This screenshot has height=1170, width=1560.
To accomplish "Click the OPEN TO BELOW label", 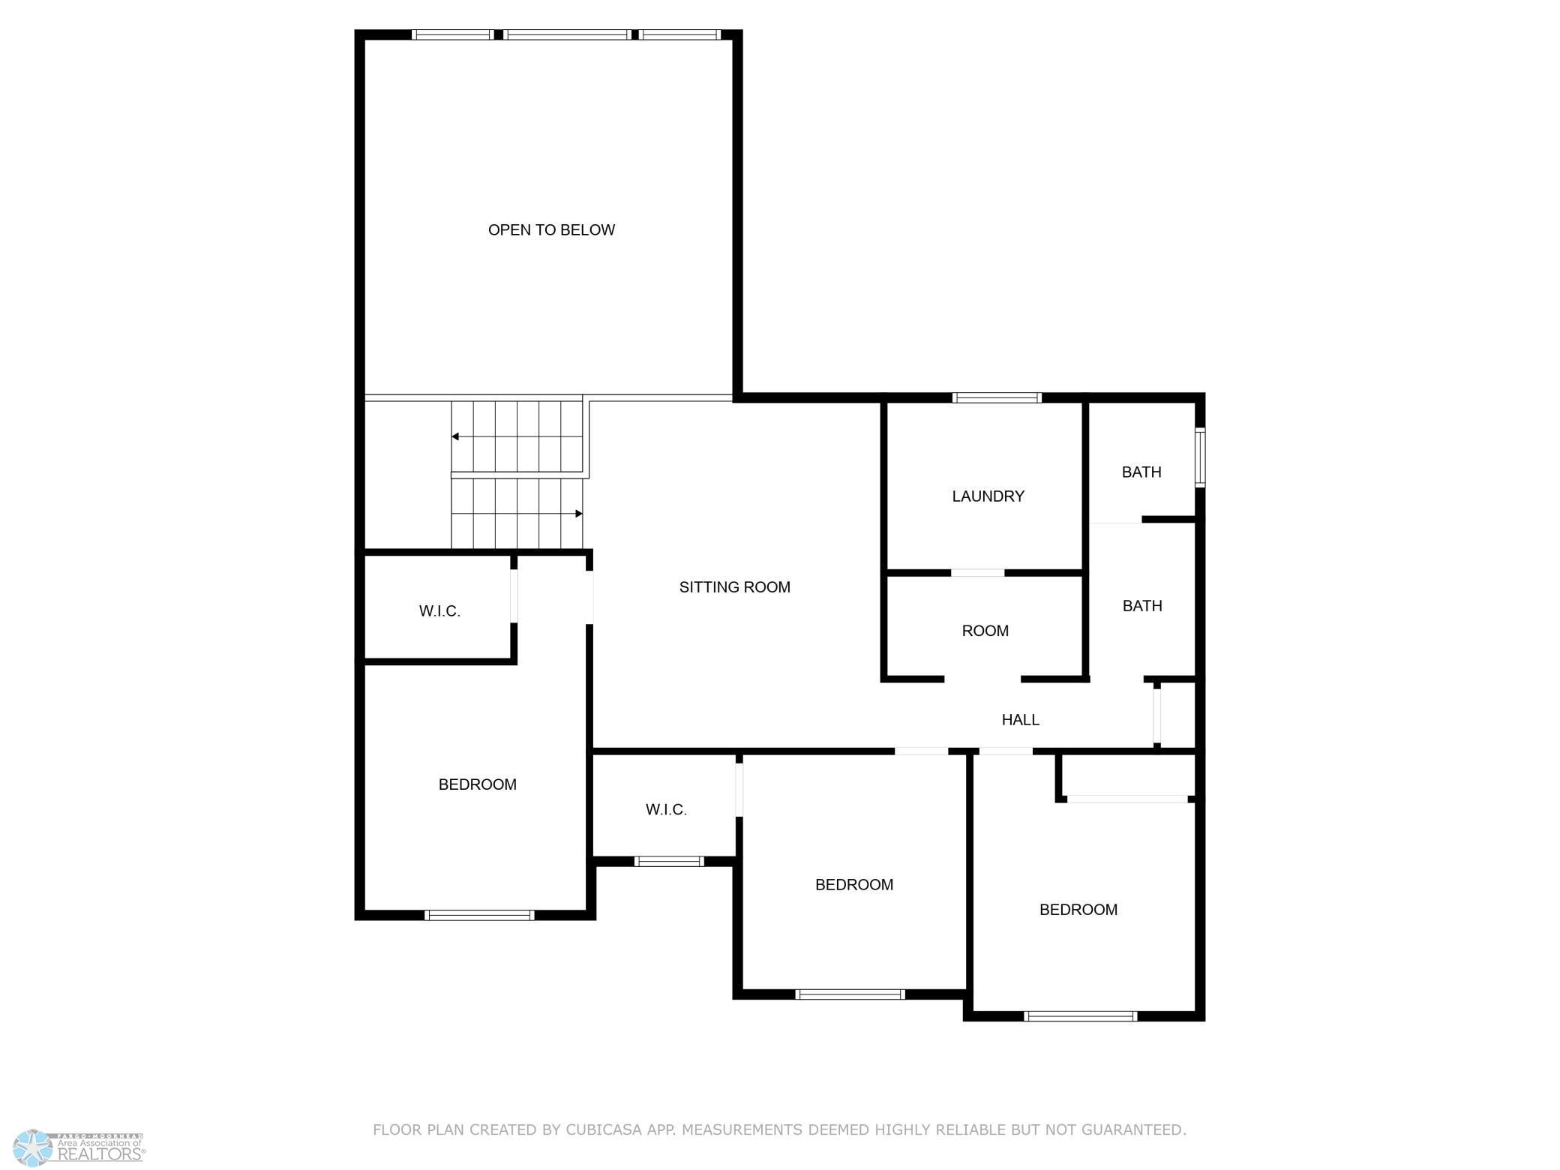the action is point(551,230).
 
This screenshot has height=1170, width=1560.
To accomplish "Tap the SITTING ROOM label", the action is point(735,587).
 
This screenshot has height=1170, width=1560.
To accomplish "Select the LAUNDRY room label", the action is point(988,496).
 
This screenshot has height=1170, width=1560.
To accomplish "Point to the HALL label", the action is point(1021,720).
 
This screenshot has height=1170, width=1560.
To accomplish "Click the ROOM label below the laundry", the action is point(985,631).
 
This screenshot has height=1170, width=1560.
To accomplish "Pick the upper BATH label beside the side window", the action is point(1141,472).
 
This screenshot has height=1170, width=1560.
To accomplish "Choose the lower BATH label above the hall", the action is point(1142,606).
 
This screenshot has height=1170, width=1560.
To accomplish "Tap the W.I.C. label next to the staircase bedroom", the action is point(439,611).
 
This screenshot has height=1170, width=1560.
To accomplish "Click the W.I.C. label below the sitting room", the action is point(666,809).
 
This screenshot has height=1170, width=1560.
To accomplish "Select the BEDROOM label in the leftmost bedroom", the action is point(478,784).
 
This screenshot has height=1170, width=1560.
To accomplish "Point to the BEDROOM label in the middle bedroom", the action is point(854,885).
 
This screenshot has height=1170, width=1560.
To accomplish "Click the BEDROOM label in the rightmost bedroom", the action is point(1078,910).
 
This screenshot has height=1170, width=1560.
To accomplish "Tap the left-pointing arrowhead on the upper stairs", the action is point(455,436).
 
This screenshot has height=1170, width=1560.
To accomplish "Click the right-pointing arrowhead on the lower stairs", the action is point(579,514).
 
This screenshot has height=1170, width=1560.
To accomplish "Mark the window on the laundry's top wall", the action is point(997,397).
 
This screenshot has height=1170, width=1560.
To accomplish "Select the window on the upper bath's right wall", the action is point(1200,457).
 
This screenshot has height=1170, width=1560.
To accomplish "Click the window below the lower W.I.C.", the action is point(669,861).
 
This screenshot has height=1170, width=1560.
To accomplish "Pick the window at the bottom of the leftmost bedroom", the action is point(479,915).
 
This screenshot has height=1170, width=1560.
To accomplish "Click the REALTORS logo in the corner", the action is point(79,1148).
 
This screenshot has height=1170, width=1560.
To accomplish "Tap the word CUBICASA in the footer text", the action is point(607,1129).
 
